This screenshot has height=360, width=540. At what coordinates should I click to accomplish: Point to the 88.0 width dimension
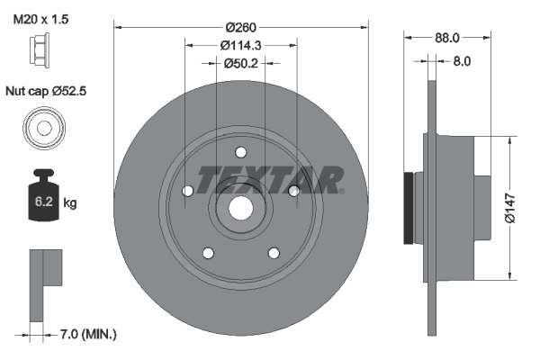click(447, 38)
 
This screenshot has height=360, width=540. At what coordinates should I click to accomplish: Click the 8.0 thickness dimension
click(461, 62)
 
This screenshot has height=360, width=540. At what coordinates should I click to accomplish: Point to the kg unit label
click(70, 203)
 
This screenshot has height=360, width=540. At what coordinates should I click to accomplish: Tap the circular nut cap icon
click(42, 127)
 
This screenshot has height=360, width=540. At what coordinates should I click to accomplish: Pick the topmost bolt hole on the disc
click(240, 153)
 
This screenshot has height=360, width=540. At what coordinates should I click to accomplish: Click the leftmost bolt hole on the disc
click(187, 191)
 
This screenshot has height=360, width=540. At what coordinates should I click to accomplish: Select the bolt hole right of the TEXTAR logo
click(293, 189)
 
